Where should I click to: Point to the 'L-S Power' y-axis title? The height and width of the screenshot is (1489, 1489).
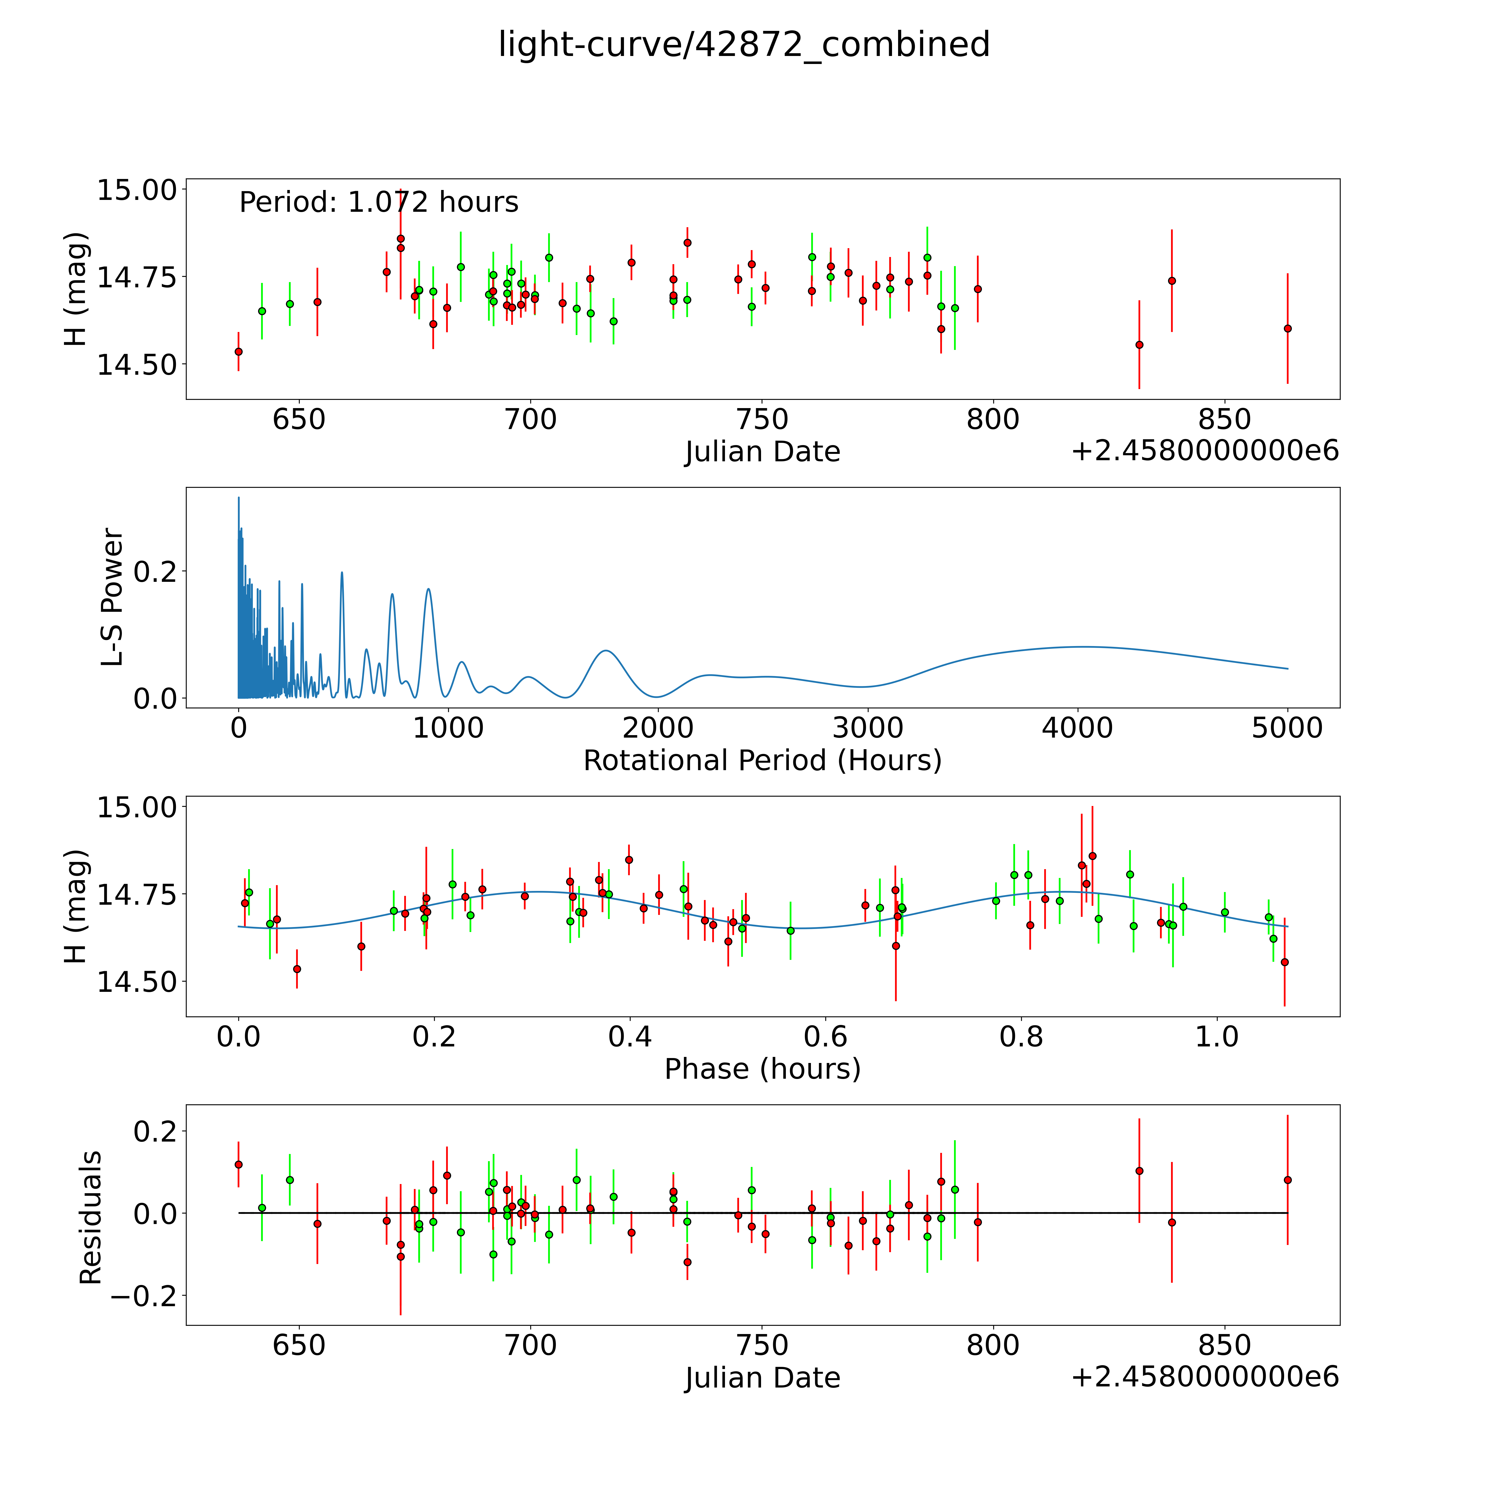[112, 597]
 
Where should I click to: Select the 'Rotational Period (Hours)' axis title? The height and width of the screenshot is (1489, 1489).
[762, 761]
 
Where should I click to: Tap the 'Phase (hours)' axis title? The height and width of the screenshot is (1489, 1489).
[762, 1069]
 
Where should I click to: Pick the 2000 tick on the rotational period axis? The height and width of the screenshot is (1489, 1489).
[658, 728]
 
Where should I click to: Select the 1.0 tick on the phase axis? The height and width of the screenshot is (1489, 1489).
[1217, 1036]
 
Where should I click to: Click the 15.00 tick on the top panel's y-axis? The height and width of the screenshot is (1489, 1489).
[136, 190]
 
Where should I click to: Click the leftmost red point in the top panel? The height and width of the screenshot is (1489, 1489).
[238, 352]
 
